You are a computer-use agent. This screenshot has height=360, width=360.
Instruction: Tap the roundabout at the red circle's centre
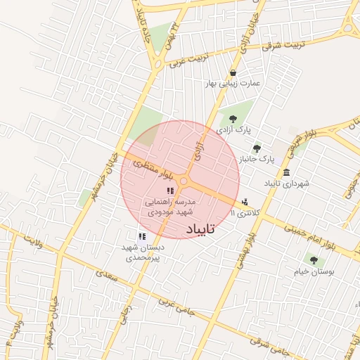coord(184,181)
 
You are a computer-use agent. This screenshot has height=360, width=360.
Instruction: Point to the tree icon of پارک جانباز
coord(257,148)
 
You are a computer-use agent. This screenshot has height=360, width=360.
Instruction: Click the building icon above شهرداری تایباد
coord(286,172)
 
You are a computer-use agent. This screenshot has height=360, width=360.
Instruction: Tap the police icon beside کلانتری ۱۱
coord(244,202)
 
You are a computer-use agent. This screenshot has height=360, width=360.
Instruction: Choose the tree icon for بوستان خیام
coord(313,259)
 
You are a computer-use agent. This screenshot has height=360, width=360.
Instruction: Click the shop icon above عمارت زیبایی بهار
coord(233,72)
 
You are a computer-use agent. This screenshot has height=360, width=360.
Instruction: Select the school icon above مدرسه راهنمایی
coord(169,191)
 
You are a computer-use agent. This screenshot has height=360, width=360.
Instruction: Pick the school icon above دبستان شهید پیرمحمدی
coord(142,237)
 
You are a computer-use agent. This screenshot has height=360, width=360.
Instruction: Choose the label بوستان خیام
coord(314,271)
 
